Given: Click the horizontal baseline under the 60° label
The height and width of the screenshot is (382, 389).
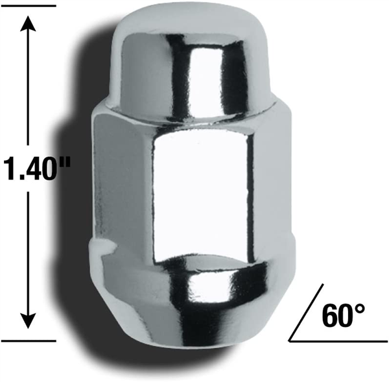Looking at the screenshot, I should [x=337, y=339].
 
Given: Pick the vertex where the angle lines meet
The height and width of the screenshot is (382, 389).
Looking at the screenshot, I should [x=290, y=339].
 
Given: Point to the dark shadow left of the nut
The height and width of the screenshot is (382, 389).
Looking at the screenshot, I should [x=81, y=195].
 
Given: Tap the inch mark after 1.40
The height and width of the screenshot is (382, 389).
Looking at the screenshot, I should [x=67, y=162].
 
